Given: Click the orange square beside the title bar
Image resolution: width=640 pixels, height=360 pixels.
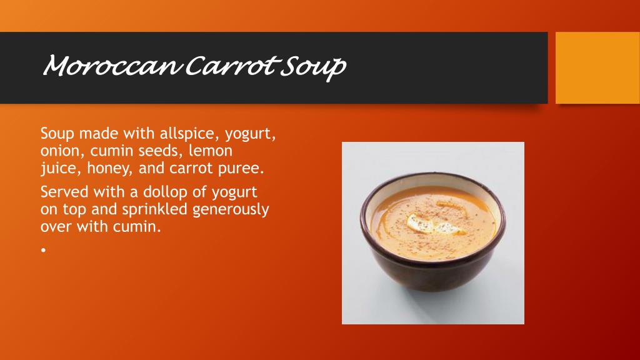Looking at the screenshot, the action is (x=597, y=67).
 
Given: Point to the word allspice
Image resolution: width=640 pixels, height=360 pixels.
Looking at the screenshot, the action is (x=189, y=134).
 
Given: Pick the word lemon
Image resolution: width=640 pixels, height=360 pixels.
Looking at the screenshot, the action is (x=211, y=151).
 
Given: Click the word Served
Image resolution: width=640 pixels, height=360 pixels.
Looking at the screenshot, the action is (x=64, y=191).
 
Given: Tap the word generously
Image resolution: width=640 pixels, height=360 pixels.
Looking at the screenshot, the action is (x=231, y=210).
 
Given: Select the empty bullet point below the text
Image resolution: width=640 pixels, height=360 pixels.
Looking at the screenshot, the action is (x=43, y=249).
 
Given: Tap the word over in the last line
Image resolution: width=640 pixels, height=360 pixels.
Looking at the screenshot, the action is (x=56, y=226).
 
